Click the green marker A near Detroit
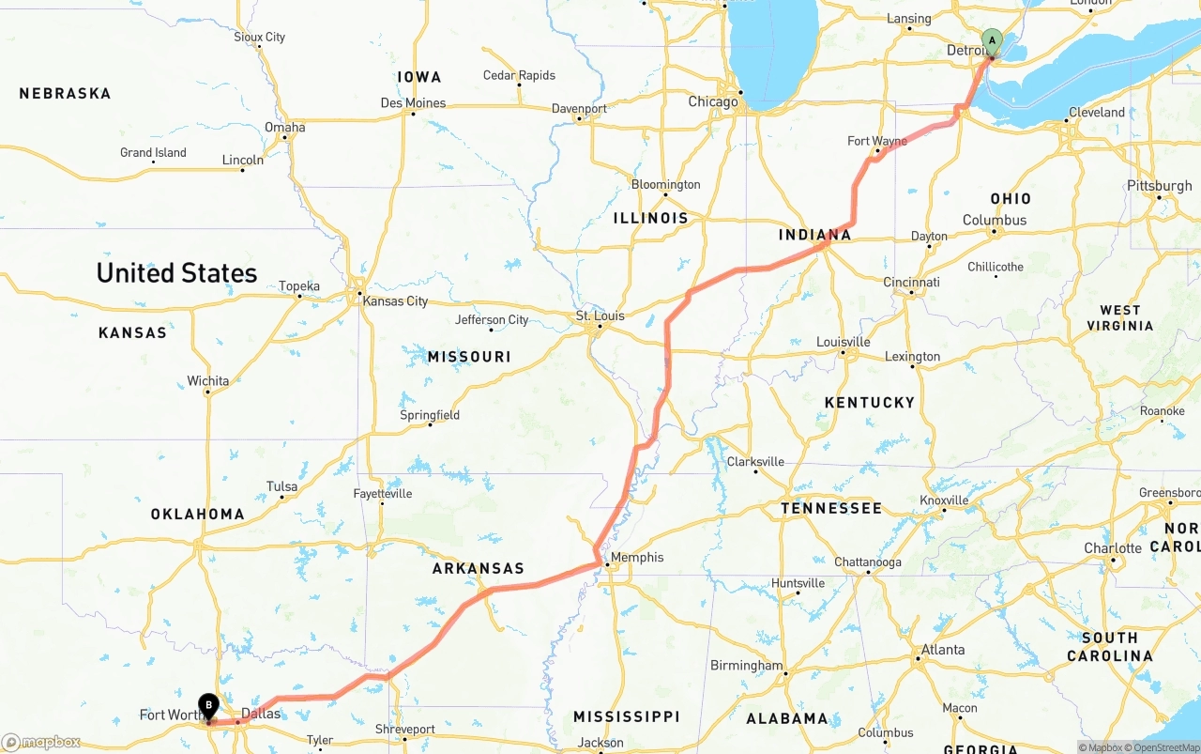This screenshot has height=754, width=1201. [992, 41]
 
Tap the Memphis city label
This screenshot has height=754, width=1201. [637, 558]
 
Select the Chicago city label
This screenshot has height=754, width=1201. [713, 101]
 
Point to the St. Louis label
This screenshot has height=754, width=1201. [600, 315]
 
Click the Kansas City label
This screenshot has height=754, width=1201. [395, 301]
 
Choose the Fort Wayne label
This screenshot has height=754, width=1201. [877, 141]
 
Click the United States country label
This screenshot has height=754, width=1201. [176, 273]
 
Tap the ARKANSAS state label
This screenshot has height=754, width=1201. [478, 569]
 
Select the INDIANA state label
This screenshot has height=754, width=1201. [814, 235]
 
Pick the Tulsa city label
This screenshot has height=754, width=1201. [281, 486]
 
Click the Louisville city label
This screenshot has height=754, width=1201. [844, 342]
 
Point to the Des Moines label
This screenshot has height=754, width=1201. [413, 102]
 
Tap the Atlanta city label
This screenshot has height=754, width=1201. [943, 650]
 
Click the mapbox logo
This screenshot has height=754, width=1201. [41, 742]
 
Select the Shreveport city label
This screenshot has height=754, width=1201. [405, 730]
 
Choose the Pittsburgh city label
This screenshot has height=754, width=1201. [1160, 186]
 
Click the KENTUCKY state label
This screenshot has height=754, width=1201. [869, 403]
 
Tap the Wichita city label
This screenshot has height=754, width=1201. [207, 381]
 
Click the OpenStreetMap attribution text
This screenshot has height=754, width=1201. [1164, 747]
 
